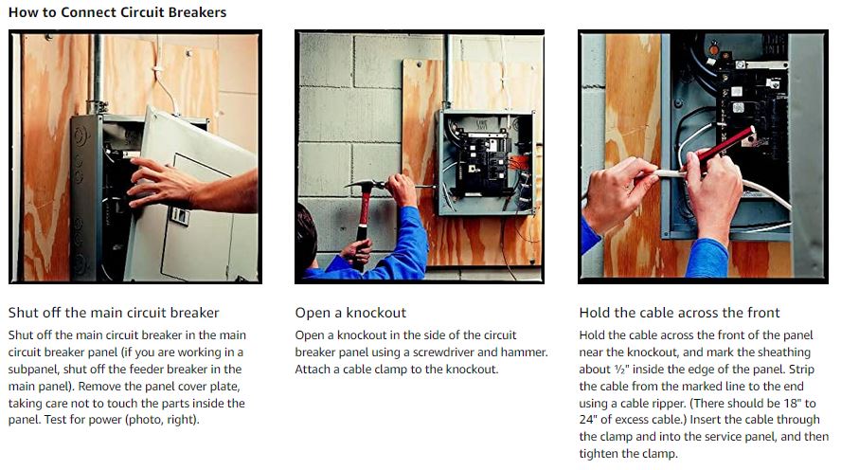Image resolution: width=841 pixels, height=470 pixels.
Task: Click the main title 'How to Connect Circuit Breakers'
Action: [x=117, y=12]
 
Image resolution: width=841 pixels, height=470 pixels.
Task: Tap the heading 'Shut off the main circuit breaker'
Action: [x=114, y=313]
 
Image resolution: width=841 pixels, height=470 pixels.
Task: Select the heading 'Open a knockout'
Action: [x=350, y=313]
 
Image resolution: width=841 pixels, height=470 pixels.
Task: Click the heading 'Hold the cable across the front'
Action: [x=680, y=313]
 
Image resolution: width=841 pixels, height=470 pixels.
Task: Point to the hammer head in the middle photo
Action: [x=365, y=185]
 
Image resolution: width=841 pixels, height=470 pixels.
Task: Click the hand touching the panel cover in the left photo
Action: [x=161, y=183]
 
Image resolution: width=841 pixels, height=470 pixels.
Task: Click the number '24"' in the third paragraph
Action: [x=589, y=420]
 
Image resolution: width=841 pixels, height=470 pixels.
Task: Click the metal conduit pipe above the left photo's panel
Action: [x=98, y=72]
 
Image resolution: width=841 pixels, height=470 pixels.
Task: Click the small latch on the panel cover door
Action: [x=180, y=216]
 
